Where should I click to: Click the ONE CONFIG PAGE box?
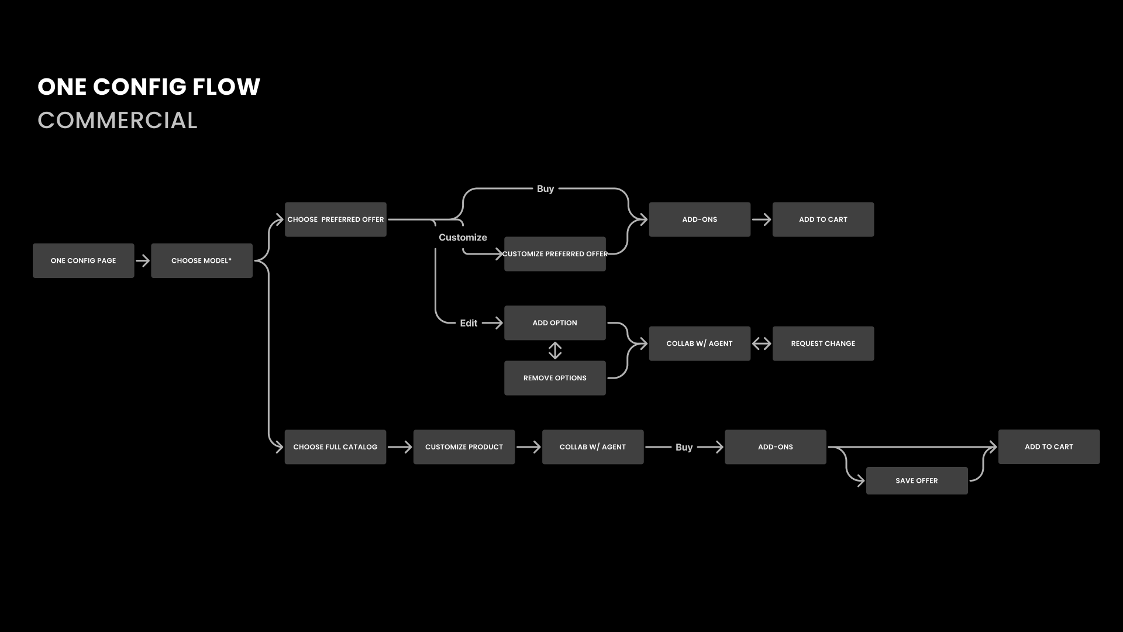pos(83,260)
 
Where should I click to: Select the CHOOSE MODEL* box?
pos(201,260)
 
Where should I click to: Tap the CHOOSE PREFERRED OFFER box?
pos(335,219)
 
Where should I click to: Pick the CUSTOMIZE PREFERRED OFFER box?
pos(554,254)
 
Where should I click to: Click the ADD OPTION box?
pos(554,323)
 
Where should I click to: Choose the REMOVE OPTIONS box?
pos(554,378)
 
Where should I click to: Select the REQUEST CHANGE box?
pos(823,344)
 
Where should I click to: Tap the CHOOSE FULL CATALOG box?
pos(335,447)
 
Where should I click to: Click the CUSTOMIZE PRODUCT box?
pos(464,447)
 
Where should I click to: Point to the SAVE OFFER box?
pos(917,480)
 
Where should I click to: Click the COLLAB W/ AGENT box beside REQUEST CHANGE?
pos(699,344)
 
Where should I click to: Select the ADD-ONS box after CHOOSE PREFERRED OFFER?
pos(699,219)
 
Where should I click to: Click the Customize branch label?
pos(463,238)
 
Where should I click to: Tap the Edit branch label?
pos(469,323)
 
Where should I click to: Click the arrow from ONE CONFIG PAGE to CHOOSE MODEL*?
pos(143,260)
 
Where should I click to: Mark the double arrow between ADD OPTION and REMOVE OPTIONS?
pos(555,351)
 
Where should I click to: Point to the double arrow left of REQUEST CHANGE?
pos(762,344)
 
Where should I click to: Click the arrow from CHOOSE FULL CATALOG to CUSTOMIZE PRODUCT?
pos(399,447)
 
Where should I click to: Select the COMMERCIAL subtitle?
pos(118,121)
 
